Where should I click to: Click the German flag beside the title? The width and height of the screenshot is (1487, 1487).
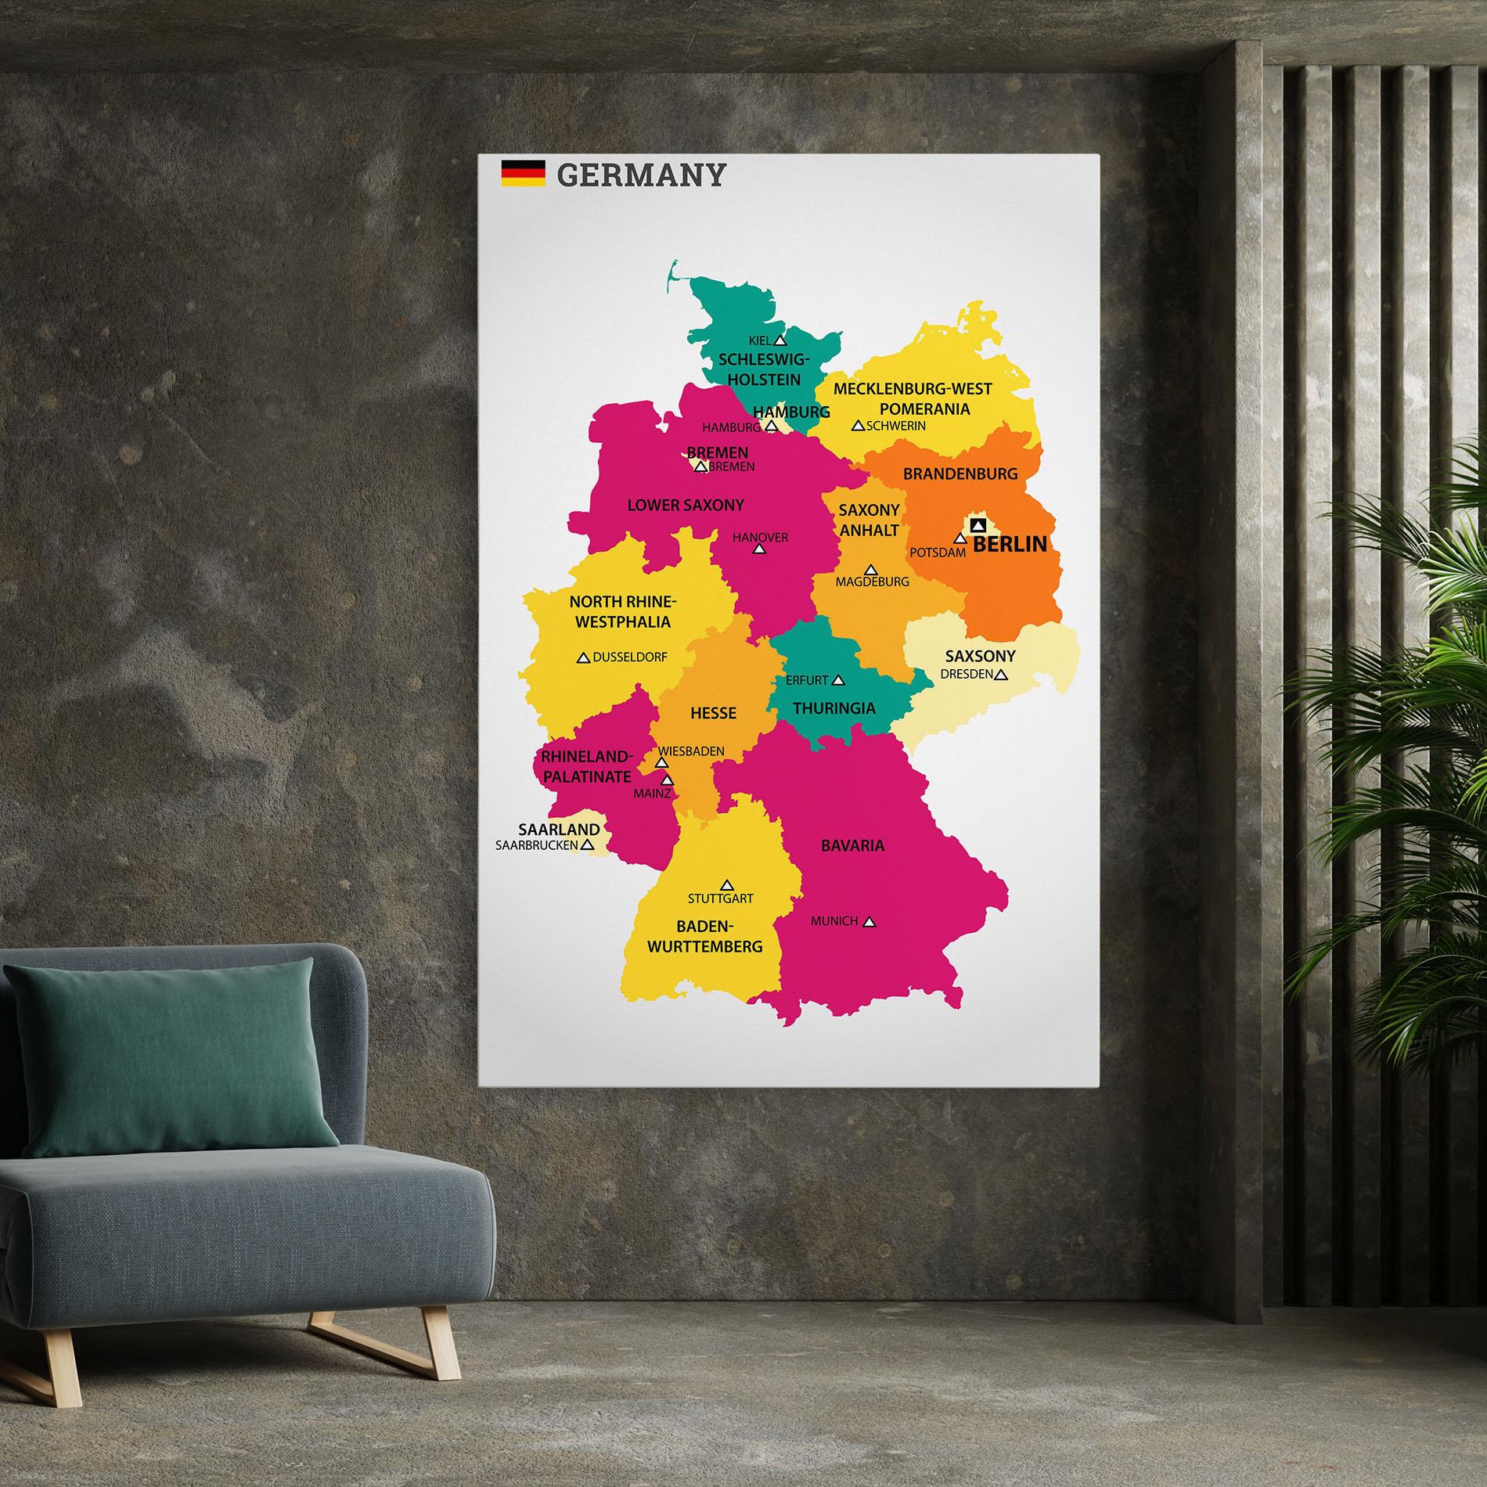(523, 174)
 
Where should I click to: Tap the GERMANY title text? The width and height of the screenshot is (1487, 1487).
(641, 175)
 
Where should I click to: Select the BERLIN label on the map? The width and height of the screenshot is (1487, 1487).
(1010, 544)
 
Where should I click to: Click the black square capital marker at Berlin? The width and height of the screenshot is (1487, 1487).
(977, 524)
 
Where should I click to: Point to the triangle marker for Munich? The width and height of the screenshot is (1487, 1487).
(869, 923)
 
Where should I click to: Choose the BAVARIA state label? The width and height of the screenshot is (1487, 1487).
(852, 845)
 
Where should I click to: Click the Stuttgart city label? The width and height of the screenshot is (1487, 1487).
(720, 898)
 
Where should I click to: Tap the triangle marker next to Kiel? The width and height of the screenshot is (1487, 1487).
(780, 340)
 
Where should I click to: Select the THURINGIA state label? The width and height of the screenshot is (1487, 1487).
(834, 708)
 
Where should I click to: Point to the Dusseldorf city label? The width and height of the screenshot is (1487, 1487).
(629, 657)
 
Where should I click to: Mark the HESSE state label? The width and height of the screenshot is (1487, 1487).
(713, 713)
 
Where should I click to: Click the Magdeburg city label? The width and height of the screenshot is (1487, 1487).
(872, 581)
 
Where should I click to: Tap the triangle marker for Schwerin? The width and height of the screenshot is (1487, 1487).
(858, 427)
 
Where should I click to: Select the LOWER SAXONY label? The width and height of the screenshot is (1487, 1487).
(686, 506)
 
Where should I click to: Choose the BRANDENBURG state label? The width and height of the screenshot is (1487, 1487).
(960, 473)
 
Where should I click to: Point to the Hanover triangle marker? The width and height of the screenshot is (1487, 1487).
(758, 549)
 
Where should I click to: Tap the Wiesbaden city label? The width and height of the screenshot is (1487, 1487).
(690, 751)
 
